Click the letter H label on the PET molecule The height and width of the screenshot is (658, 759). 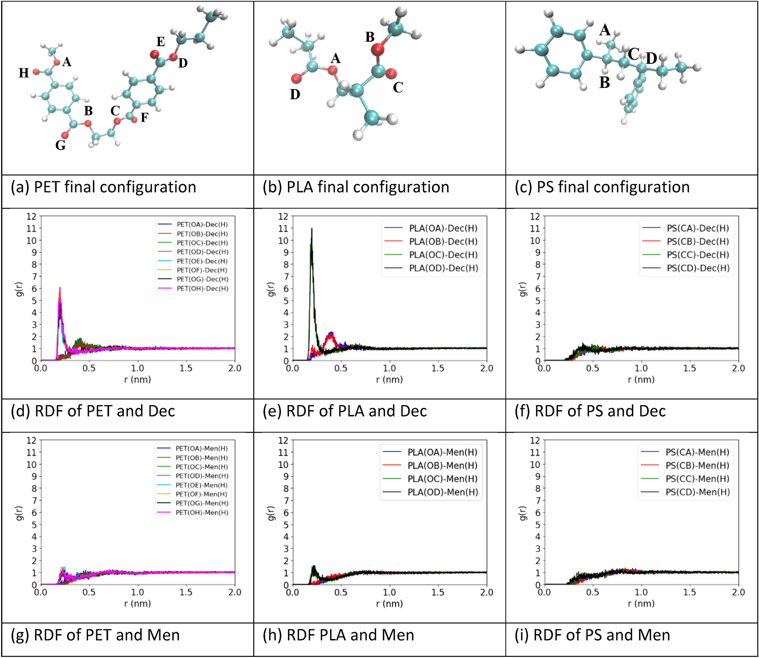pyautogui.click(x=24, y=73)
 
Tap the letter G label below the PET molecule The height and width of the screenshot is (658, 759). pyautogui.click(x=61, y=145)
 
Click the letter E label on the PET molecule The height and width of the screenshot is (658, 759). pyautogui.click(x=161, y=42)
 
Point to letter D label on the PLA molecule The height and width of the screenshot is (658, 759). pyautogui.click(x=295, y=94)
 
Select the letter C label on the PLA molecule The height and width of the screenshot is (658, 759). pyautogui.click(x=398, y=88)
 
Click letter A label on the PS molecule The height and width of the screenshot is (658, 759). pyautogui.click(x=605, y=30)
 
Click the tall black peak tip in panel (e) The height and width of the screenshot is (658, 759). pyautogui.click(x=312, y=229)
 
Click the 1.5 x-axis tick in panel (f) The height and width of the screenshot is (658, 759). pyautogui.click(x=690, y=368)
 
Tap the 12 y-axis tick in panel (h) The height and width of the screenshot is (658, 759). pyautogui.click(x=283, y=440)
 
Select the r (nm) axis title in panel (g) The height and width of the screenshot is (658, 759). pyautogui.click(x=137, y=603)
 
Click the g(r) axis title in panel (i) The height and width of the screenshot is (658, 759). pyautogui.click(x=523, y=513)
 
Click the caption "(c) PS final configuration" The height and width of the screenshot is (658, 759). pyautogui.click(x=602, y=187)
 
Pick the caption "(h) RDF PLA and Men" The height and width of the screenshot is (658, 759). pyautogui.click(x=338, y=635)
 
